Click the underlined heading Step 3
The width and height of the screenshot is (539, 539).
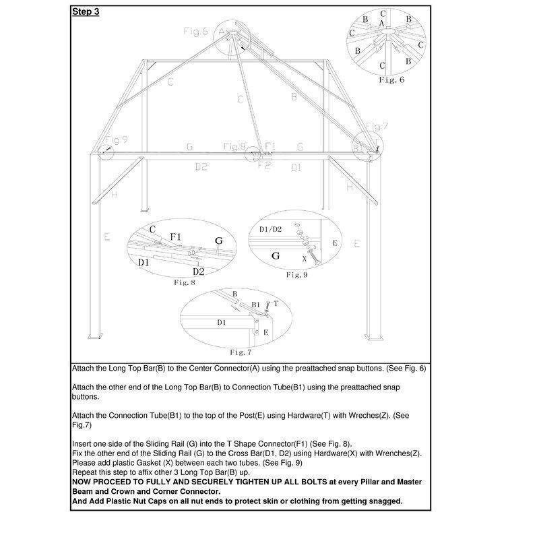click(x=86, y=11)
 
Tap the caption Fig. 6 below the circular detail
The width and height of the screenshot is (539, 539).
click(x=391, y=80)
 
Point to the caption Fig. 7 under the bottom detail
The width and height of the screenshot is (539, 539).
click(x=241, y=352)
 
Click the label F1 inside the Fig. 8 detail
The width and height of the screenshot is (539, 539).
click(x=176, y=237)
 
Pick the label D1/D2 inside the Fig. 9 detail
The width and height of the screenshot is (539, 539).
click(x=271, y=229)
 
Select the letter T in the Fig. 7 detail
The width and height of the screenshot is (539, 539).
click(x=276, y=303)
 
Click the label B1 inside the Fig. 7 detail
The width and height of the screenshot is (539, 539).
click(x=256, y=305)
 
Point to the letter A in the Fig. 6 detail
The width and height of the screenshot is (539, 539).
click(x=382, y=22)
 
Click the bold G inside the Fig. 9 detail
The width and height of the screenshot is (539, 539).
click(x=275, y=255)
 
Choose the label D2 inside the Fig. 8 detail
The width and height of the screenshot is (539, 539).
click(x=198, y=272)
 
